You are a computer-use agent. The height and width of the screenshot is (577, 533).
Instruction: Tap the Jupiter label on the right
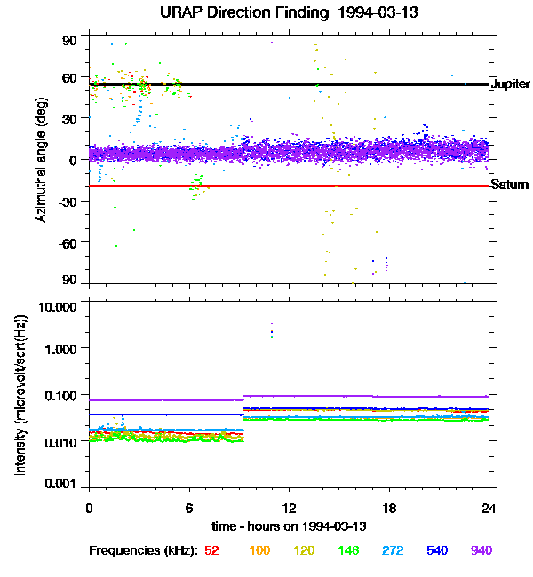[510, 84]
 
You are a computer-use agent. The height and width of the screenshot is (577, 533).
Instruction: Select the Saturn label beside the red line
[510, 186]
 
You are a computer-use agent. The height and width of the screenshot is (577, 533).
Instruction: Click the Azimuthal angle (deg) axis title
[40, 161]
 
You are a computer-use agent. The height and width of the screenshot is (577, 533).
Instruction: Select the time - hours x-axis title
[289, 527]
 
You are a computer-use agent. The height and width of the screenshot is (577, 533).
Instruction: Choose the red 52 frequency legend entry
[211, 550]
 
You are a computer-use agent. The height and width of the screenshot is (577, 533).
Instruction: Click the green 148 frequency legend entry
[347, 550]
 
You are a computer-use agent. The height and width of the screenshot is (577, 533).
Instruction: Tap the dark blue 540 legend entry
[436, 550]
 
